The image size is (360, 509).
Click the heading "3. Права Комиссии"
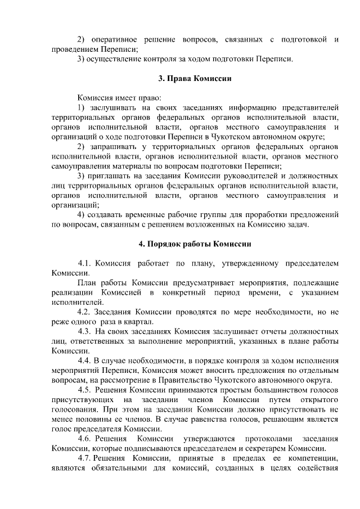click(x=192, y=78)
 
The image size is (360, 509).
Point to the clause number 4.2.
click(x=84, y=312)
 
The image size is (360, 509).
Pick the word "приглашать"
click(x=116, y=176)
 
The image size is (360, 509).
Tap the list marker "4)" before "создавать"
click(x=82, y=215)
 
